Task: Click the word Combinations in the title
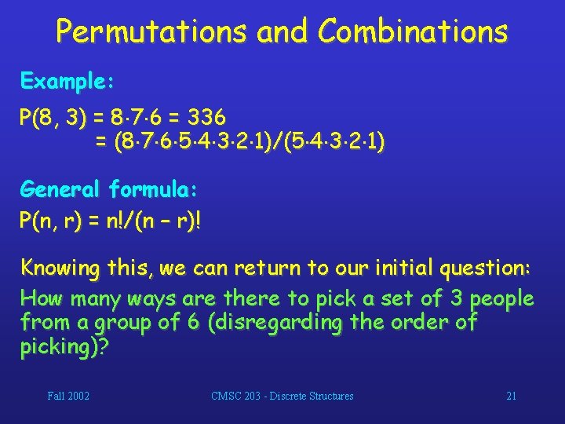413,31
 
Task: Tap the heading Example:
68,81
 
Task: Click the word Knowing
60,268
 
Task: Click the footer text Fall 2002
68,397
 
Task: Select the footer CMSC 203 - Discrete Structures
282,397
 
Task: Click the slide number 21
511,397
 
